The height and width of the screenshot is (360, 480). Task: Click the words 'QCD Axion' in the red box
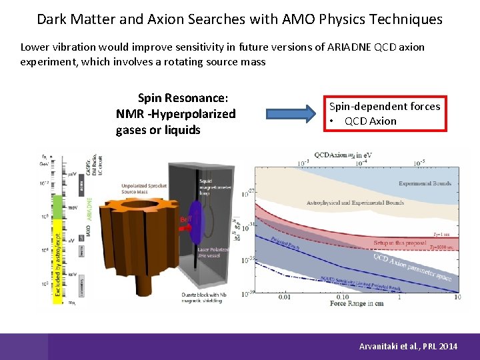pyautogui.click(x=370, y=121)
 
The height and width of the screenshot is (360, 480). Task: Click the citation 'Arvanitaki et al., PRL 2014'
pyautogui.click(x=408, y=347)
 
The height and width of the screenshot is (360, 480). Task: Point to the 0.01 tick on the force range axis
pyautogui.click(x=284, y=297)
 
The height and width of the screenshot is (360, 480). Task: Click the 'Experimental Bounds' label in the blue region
pyautogui.click(x=425, y=183)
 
